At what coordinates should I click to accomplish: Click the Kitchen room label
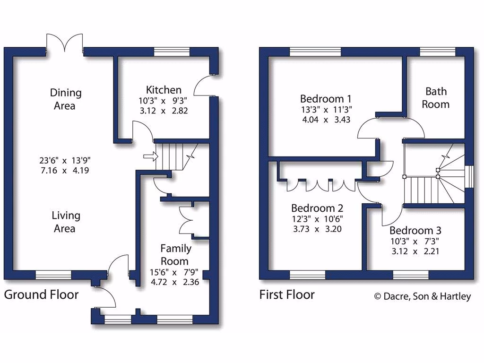pos(164,90)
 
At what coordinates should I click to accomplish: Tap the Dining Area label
pos(65,99)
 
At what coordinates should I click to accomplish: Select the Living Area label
pos(65,222)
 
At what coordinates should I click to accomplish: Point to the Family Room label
pos(175,254)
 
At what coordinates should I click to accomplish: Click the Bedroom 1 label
pos(326,99)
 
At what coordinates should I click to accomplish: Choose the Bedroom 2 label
pos(317,208)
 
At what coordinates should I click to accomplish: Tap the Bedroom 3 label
pos(415,231)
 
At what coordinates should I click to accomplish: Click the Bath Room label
pos(435,97)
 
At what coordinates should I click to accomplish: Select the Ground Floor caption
pos(41,295)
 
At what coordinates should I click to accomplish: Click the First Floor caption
pos(287,295)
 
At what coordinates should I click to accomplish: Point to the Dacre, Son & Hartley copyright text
pos(423,296)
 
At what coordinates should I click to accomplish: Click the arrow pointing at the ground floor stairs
pos(149,156)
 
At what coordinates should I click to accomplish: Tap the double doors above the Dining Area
pos(64,43)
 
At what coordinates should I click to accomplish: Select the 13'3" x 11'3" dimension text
pos(326,110)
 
